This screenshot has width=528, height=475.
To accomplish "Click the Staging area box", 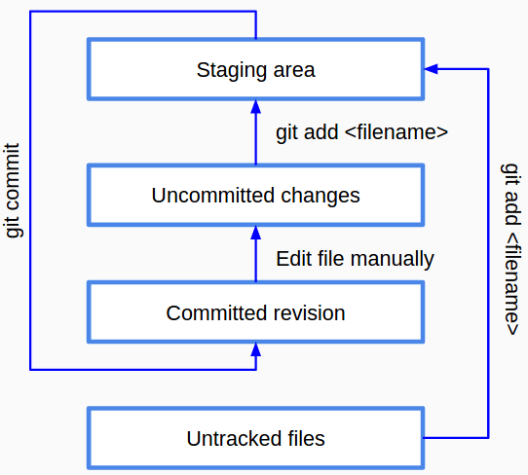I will point(255,69).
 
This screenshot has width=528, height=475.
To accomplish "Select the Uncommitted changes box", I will point(255,195).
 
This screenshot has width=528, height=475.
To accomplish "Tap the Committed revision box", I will point(255,312).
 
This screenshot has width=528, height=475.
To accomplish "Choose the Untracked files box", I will point(255,438).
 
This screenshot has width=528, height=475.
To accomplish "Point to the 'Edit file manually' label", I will point(355,259).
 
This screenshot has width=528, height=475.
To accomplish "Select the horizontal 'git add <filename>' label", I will point(362,132).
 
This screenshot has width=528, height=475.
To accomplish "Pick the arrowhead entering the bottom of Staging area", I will point(255,106).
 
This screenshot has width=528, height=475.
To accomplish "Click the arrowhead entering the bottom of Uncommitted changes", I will point(255,232).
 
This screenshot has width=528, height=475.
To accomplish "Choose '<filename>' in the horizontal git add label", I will point(396,132).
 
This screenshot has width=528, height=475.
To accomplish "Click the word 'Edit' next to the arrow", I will point(292,259).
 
